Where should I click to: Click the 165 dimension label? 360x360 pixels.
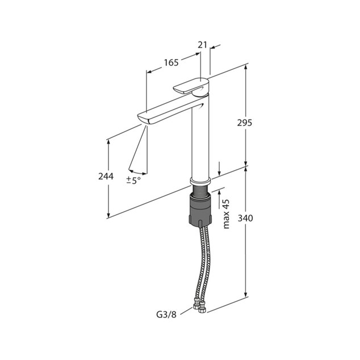pyautogui.click(x=171, y=62)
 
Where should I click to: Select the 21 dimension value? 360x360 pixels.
pyautogui.click(x=203, y=45)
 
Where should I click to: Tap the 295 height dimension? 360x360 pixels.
pyautogui.click(x=245, y=123)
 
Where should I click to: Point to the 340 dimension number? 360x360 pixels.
pyautogui.click(x=245, y=218)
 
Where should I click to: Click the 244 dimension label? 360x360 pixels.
pyautogui.click(x=106, y=177)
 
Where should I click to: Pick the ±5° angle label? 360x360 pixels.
pyautogui.click(x=133, y=181)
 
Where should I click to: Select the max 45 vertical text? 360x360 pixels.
pyautogui.click(x=226, y=214)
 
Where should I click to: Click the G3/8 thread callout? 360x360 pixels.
pyautogui.click(x=166, y=315)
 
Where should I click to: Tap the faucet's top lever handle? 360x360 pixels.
pyautogui.click(x=191, y=87)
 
